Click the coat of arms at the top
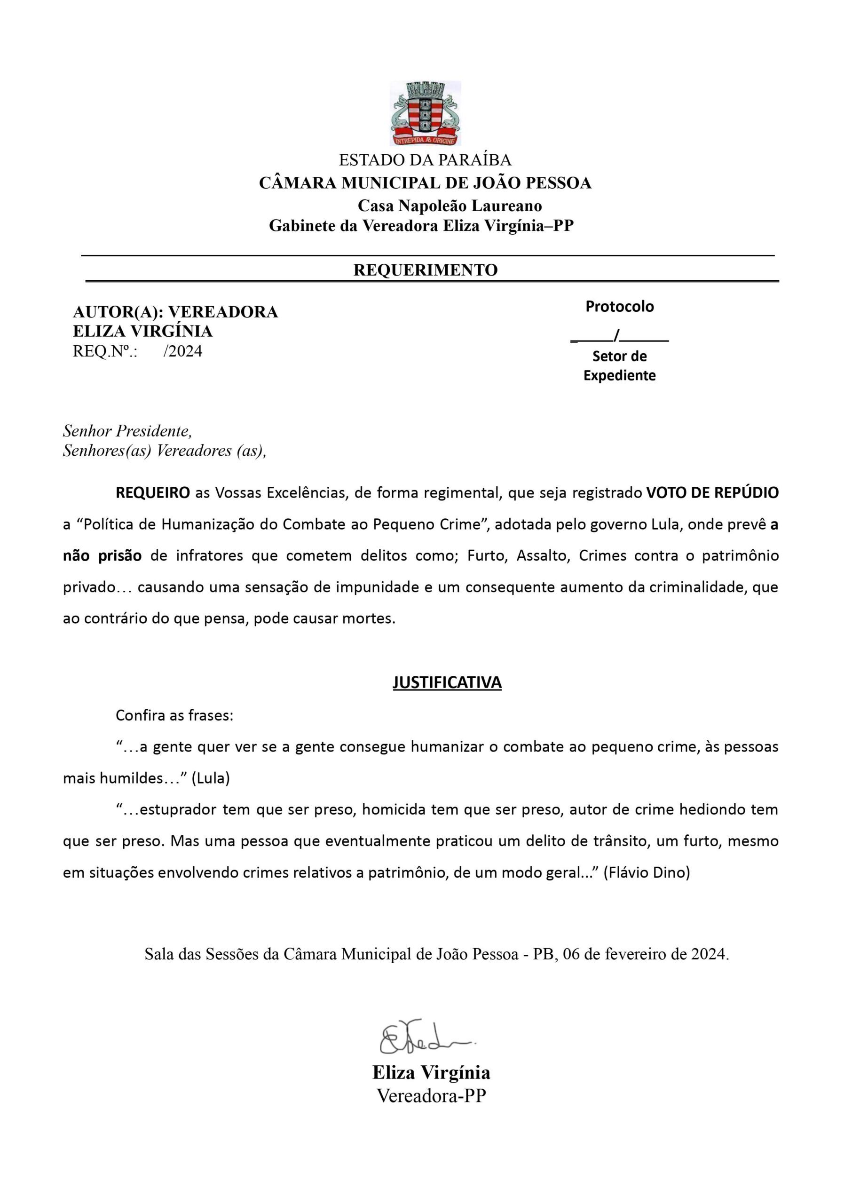coord(425,113)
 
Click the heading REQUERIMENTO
coord(426,269)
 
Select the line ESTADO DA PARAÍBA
coord(425,159)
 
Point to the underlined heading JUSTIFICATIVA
coord(447,682)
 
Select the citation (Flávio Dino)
coord(647,872)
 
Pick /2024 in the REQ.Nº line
coord(182,351)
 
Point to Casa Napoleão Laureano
coord(450,205)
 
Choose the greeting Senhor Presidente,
coord(127,431)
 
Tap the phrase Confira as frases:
coord(174,715)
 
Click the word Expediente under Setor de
coord(620,375)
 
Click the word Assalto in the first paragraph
coord(543,555)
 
